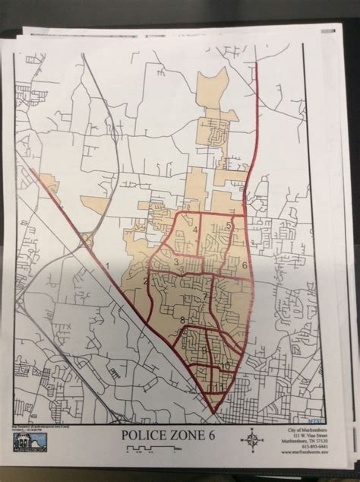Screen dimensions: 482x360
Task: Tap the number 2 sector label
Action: point(144,282)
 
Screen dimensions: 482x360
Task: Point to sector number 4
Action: point(195,230)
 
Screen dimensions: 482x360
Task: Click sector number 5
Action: point(229,227)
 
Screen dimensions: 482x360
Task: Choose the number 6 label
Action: point(244,265)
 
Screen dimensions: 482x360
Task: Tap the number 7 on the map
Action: point(204,296)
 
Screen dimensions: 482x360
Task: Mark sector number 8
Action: point(182,320)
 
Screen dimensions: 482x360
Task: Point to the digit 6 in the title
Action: point(220,435)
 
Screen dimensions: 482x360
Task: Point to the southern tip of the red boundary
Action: point(213,414)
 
